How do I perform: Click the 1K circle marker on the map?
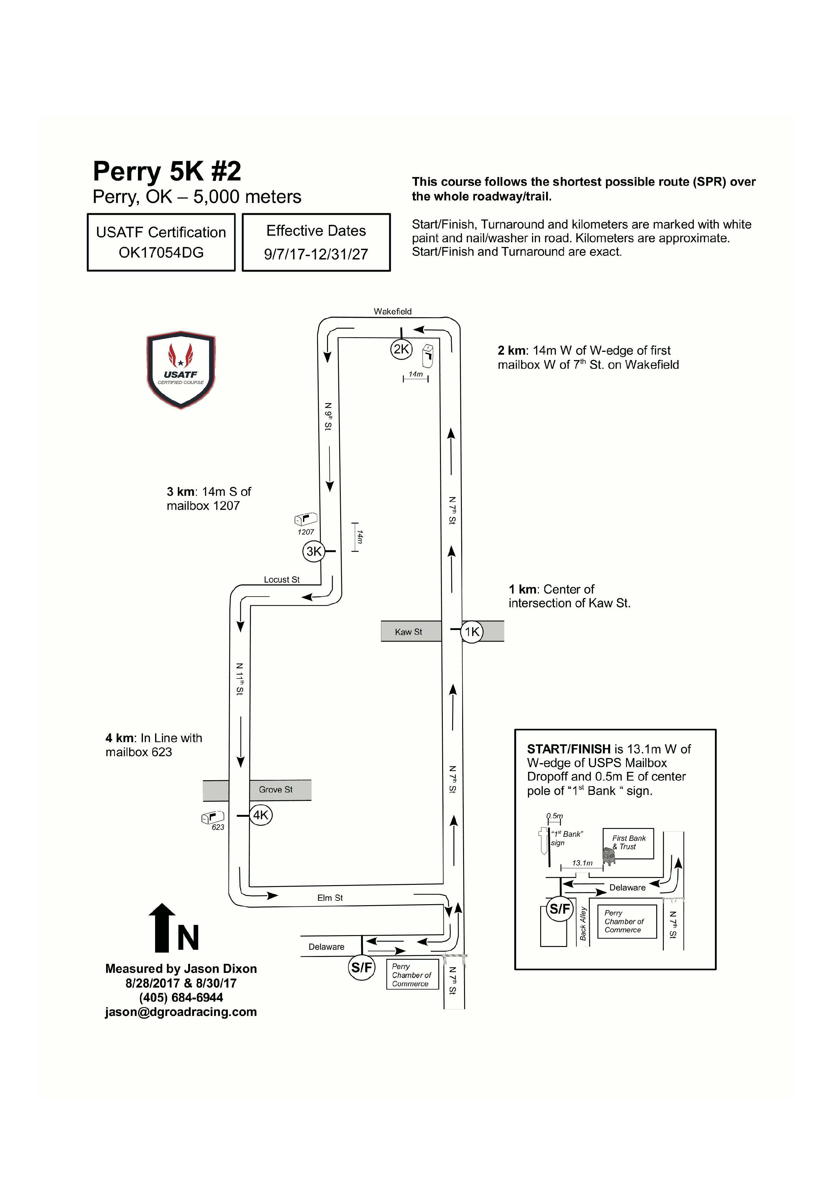(472, 632)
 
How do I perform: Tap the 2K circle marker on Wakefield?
(401, 349)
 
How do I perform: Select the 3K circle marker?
(314, 551)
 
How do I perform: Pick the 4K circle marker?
(261, 815)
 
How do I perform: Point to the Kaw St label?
(408, 632)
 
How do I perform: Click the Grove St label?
(276, 789)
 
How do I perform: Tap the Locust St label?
(282, 580)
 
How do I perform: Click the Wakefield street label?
(393, 311)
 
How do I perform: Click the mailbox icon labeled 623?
(213, 817)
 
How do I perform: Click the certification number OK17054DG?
(161, 253)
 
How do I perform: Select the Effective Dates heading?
(316, 231)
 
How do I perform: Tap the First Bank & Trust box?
(628, 843)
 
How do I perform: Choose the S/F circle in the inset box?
(560, 909)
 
